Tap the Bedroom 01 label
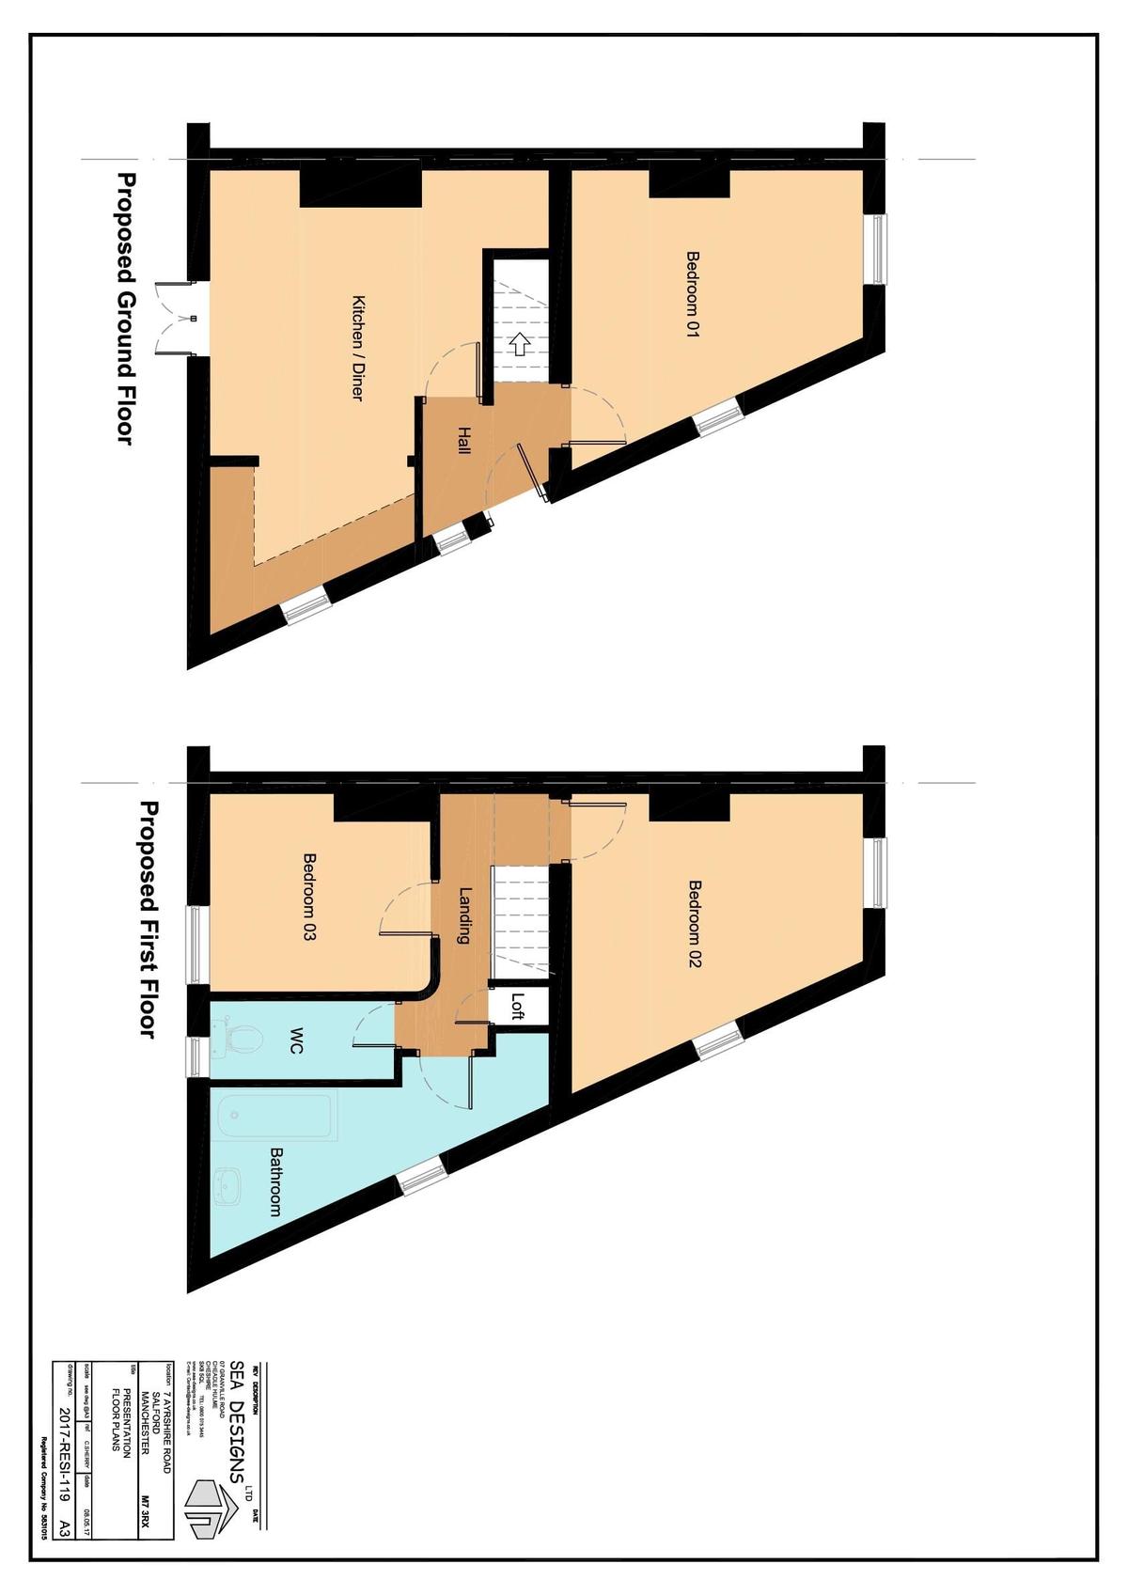click(x=694, y=293)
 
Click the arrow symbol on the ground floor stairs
click(x=520, y=344)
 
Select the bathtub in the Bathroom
click(x=274, y=1118)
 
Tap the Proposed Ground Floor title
click(x=126, y=308)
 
